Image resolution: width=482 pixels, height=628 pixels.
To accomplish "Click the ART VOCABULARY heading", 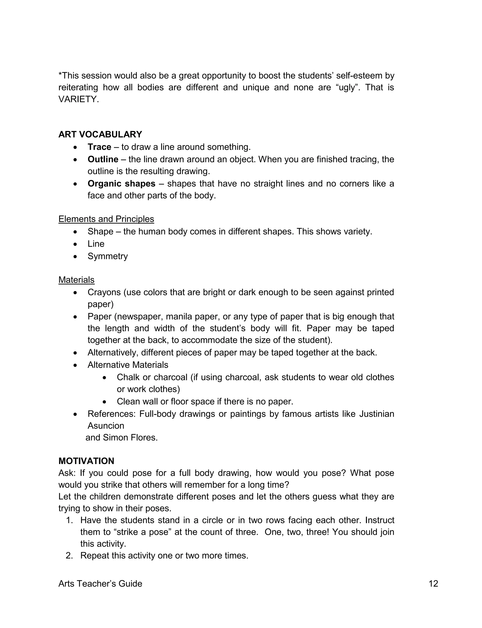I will (x=100, y=135).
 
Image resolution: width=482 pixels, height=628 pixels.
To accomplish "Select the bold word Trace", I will (x=99, y=147).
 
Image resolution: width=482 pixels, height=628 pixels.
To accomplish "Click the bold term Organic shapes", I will (x=121, y=184).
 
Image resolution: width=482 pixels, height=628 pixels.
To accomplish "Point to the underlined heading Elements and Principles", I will (x=106, y=219).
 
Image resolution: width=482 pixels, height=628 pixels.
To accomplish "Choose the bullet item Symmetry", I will (x=108, y=256).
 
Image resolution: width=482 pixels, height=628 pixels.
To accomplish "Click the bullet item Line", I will (x=96, y=244).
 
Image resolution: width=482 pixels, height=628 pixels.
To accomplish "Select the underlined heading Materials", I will (x=76, y=280).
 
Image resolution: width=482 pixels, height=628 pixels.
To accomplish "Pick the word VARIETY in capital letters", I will (x=78, y=99).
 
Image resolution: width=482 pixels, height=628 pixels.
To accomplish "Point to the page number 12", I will (x=433, y=584).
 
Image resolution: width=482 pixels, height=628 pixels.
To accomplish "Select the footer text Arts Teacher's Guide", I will (x=100, y=584).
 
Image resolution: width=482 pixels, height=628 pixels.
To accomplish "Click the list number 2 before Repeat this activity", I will (x=69, y=556).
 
